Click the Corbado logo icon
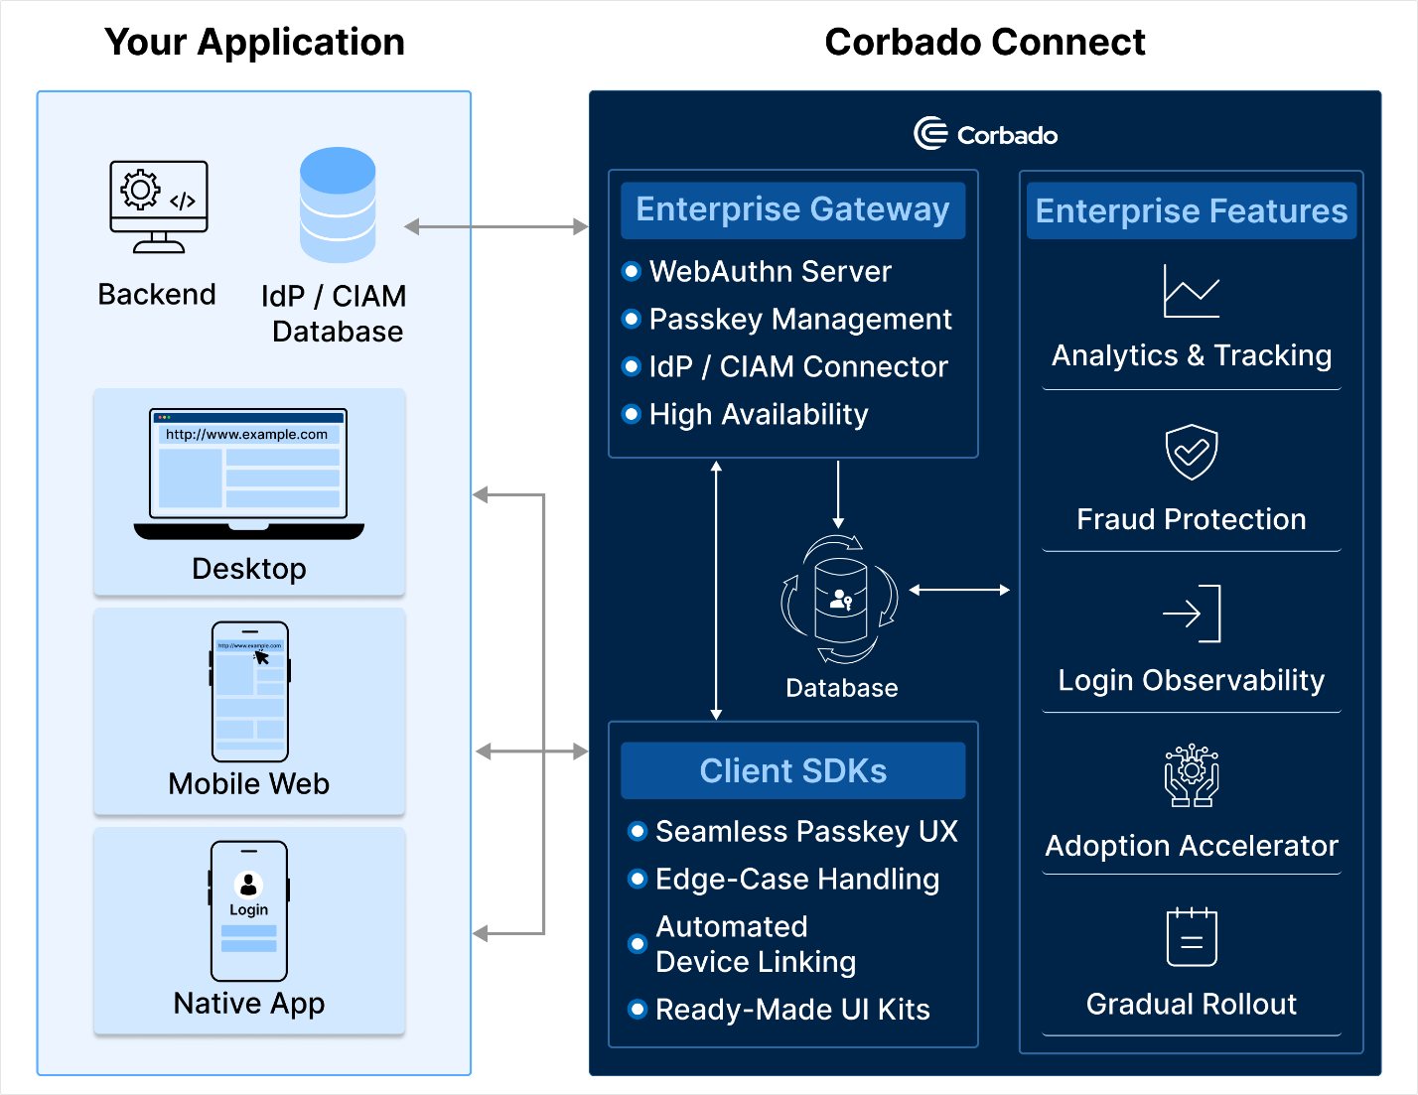[x=930, y=134]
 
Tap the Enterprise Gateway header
[x=792, y=209]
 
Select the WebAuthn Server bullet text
[x=770, y=271]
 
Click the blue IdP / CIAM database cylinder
[x=338, y=205]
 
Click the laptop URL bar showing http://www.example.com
[x=247, y=434]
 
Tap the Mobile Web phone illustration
[x=249, y=691]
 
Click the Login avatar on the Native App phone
[x=248, y=884]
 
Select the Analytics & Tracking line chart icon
[x=1191, y=292]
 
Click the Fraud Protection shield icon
[x=1191, y=453]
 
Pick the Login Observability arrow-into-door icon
[x=1191, y=614]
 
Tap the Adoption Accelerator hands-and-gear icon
[x=1191, y=775]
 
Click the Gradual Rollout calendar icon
[x=1191, y=936]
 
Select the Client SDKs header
[x=792, y=770]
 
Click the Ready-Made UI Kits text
[x=792, y=1010]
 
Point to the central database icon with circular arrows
[x=840, y=600]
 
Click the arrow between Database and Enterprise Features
[x=959, y=590]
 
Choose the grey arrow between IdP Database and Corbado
[x=496, y=227]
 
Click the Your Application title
[x=254, y=42]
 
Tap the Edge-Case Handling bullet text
[x=796, y=879]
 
